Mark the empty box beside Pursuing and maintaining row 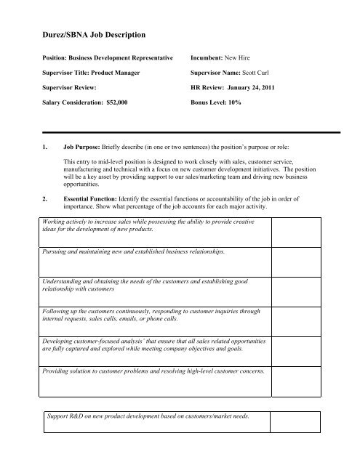coord(305,260)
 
